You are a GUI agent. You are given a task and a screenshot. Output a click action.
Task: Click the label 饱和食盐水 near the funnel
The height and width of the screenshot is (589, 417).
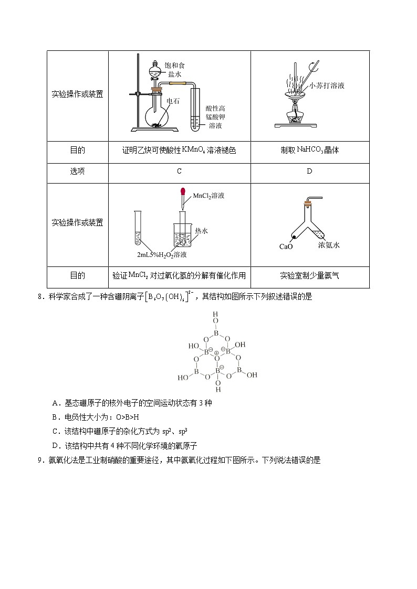175,70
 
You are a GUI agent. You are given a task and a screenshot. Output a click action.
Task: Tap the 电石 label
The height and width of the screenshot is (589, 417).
173,101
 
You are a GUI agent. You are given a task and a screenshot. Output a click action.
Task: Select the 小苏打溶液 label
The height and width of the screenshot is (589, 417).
327,85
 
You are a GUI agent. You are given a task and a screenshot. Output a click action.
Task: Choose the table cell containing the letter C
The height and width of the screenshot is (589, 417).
179,171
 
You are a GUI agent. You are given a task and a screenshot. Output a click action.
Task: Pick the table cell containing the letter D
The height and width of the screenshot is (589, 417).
309,171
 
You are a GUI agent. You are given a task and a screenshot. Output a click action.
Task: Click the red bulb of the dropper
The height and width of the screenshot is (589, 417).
183,192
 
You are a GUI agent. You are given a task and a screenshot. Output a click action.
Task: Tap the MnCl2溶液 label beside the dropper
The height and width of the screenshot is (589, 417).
208,196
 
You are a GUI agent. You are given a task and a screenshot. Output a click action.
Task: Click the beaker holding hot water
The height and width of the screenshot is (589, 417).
182,235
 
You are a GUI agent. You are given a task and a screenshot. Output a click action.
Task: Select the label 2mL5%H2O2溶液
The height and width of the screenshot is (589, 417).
162,255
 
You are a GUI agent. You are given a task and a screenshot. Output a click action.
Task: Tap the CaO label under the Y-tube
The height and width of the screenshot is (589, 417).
286,247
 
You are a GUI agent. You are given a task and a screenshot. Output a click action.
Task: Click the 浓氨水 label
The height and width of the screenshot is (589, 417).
329,245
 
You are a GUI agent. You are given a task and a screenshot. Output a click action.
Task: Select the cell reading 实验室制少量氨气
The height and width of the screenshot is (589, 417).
309,275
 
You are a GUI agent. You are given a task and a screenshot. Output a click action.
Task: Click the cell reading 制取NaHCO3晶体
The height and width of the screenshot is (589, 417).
309,150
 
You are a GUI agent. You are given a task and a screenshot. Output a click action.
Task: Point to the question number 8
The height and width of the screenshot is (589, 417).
40,297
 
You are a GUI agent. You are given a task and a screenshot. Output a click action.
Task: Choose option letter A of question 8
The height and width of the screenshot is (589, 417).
55,403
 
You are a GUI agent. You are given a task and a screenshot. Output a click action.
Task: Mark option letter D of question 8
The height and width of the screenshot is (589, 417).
55,446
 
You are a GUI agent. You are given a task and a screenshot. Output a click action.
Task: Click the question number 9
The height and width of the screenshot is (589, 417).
40,461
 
